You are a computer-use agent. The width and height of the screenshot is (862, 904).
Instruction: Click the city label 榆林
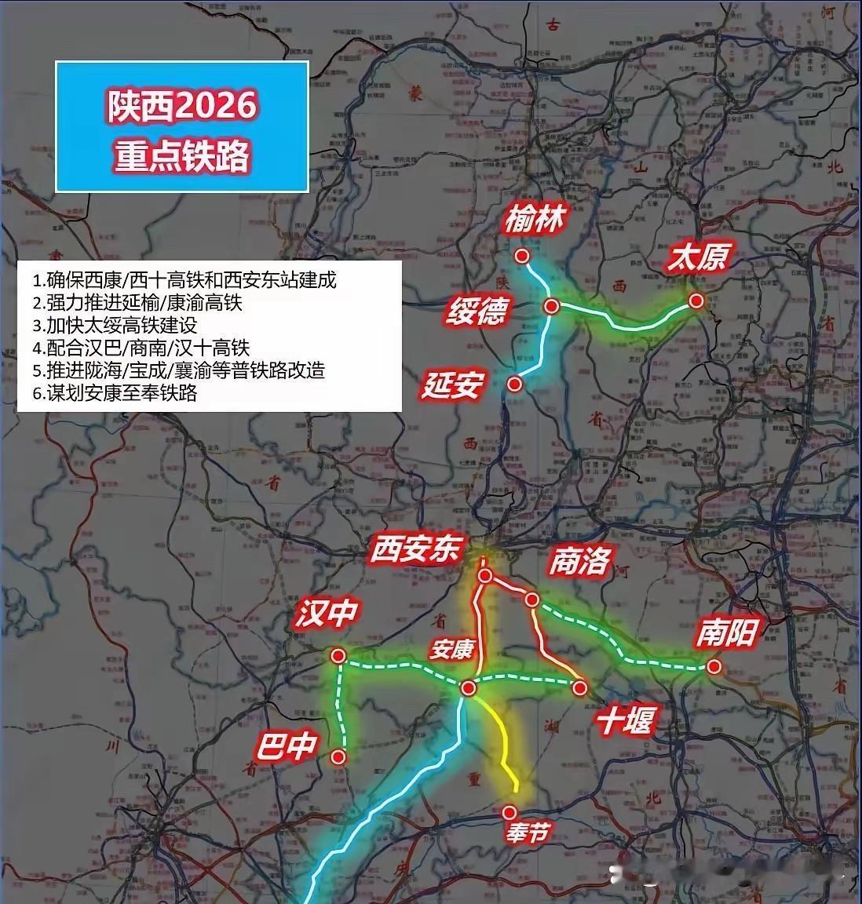[534, 220]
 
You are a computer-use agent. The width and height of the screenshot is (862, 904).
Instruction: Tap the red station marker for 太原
[695, 301]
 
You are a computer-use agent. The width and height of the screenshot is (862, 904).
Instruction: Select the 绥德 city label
[477, 311]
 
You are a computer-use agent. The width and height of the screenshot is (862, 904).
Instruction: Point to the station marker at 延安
[514, 384]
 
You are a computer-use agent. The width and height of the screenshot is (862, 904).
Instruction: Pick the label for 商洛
[579, 561]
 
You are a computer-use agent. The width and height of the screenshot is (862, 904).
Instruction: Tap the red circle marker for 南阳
[713, 667]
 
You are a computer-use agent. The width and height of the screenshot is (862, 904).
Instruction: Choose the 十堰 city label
[625, 720]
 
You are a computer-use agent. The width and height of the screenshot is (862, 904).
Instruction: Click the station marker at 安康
[469, 688]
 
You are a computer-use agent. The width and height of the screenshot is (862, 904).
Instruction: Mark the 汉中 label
[327, 614]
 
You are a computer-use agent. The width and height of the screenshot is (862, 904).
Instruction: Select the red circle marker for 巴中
[338, 756]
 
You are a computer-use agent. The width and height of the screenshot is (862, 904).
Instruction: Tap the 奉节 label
[524, 833]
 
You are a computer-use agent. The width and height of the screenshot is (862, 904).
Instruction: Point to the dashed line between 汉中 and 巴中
[340, 706]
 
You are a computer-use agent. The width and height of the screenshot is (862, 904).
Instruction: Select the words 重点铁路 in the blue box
[182, 155]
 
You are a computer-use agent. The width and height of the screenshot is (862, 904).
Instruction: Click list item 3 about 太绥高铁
[115, 325]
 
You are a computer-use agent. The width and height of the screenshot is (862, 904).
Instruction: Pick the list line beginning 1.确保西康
[184, 279]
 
